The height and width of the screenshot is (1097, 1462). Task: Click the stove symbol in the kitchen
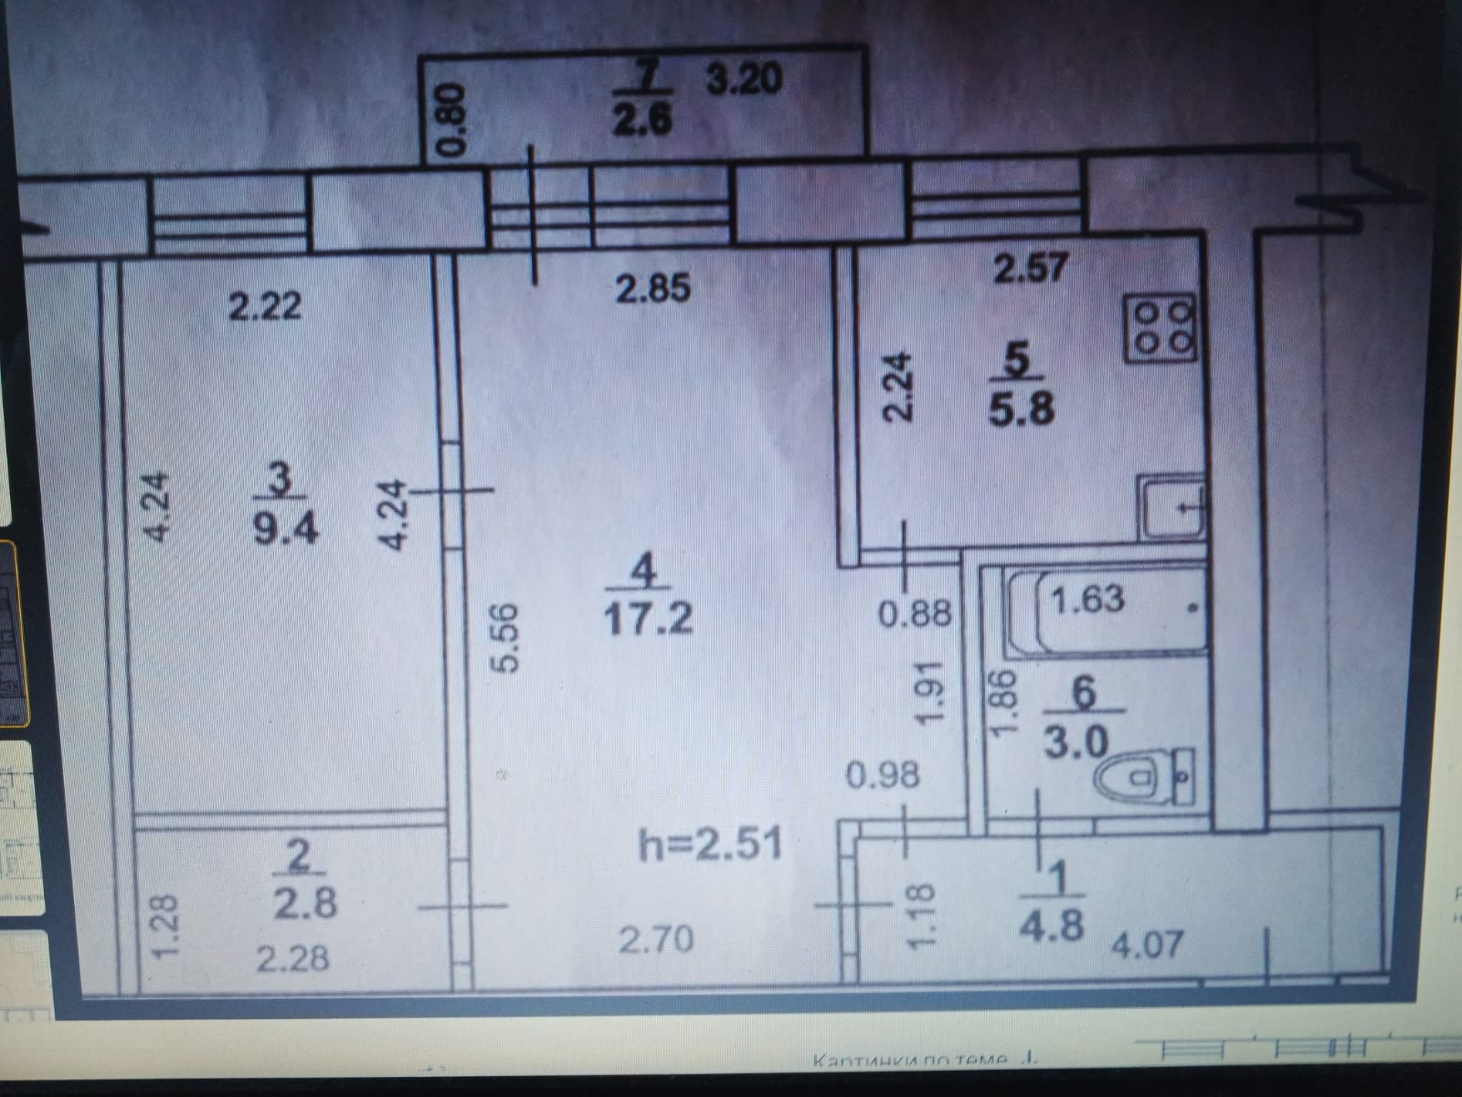click(1160, 328)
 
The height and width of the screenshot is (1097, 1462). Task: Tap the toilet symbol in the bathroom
click(1142, 779)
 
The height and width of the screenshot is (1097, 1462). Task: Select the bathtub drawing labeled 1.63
click(1106, 611)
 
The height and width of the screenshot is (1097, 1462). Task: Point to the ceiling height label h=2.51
click(711, 844)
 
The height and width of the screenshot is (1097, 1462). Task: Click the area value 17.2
click(648, 618)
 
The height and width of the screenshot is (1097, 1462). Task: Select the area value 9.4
click(285, 527)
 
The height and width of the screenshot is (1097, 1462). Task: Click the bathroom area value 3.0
click(1076, 743)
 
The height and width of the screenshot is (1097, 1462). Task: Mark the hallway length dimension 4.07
click(1147, 943)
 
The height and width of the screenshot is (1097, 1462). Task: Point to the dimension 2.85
click(652, 290)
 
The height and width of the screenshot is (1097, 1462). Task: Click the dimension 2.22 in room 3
click(265, 305)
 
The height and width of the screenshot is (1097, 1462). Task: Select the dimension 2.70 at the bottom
click(655, 939)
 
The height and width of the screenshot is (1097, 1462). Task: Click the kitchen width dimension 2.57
click(1030, 269)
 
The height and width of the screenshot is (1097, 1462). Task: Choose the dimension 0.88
click(915, 613)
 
